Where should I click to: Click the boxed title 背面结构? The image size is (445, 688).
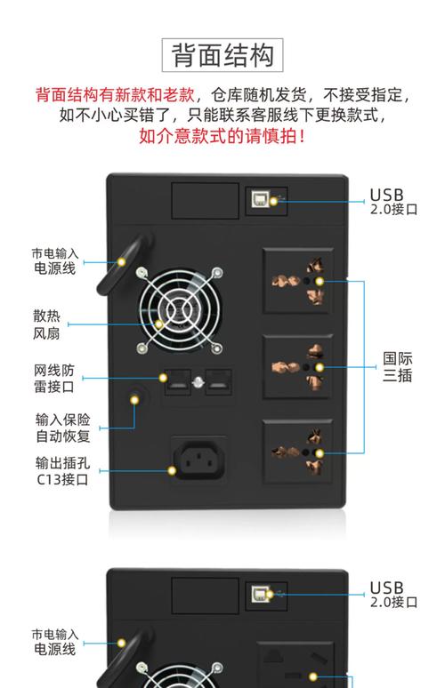coord(222,55)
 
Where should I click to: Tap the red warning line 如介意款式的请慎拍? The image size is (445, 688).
coord(222,137)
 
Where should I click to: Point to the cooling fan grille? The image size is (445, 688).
coord(179,310)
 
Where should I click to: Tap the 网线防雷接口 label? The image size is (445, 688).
coord(54,379)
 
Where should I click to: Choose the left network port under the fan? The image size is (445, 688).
coord(174,381)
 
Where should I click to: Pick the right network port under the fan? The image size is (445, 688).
coord(218,381)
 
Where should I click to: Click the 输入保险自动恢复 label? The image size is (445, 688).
coord(61,428)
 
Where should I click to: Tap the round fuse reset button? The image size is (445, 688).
coord(135,399)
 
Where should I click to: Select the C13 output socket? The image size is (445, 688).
coord(197,460)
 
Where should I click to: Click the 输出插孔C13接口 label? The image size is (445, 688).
coord(61,471)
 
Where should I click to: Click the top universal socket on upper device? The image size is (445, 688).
coord(297,281)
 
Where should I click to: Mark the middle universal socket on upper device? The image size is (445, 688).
coord(297,366)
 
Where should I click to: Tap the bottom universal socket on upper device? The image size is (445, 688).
coord(297,451)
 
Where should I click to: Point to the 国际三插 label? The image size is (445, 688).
coord(398,367)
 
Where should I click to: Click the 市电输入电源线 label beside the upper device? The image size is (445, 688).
coord(55,260)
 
